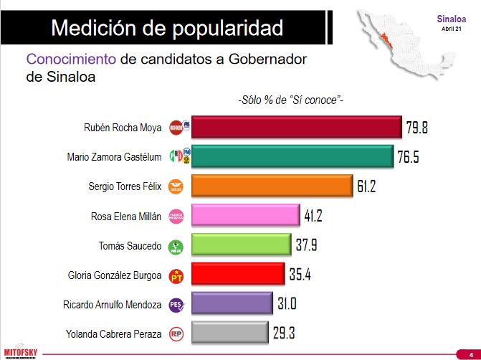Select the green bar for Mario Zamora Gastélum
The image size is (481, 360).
(x=292, y=157)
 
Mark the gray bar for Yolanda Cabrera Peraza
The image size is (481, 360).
(x=229, y=333)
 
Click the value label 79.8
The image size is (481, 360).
(x=416, y=128)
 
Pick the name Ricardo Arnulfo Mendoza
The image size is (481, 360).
(x=113, y=305)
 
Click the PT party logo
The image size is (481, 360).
(x=176, y=275)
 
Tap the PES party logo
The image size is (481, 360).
(x=176, y=305)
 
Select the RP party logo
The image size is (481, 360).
(x=176, y=333)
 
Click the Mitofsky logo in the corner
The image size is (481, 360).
(x=20, y=351)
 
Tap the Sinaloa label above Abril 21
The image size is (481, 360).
(x=452, y=19)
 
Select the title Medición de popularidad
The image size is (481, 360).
(x=167, y=28)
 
